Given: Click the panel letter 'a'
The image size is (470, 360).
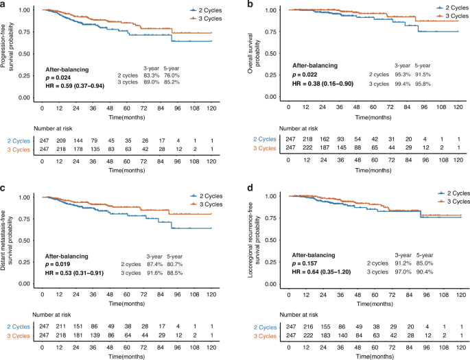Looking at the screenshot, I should point(3,5).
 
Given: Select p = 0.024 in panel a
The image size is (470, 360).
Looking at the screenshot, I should point(62,77).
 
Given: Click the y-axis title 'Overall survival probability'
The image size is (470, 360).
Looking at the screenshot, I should point(252,53).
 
